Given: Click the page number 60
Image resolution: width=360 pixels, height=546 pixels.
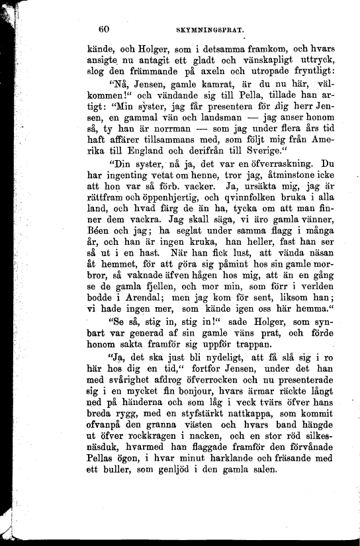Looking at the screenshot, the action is (x=103, y=28).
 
